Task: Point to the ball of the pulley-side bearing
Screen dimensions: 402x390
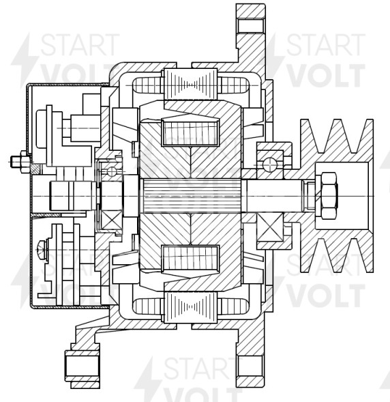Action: click(x=271, y=164)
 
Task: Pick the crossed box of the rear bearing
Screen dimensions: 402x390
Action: click(x=110, y=219)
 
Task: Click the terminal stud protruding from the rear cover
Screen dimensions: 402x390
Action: click(x=17, y=162)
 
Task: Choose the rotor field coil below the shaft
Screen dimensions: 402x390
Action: click(x=190, y=261)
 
